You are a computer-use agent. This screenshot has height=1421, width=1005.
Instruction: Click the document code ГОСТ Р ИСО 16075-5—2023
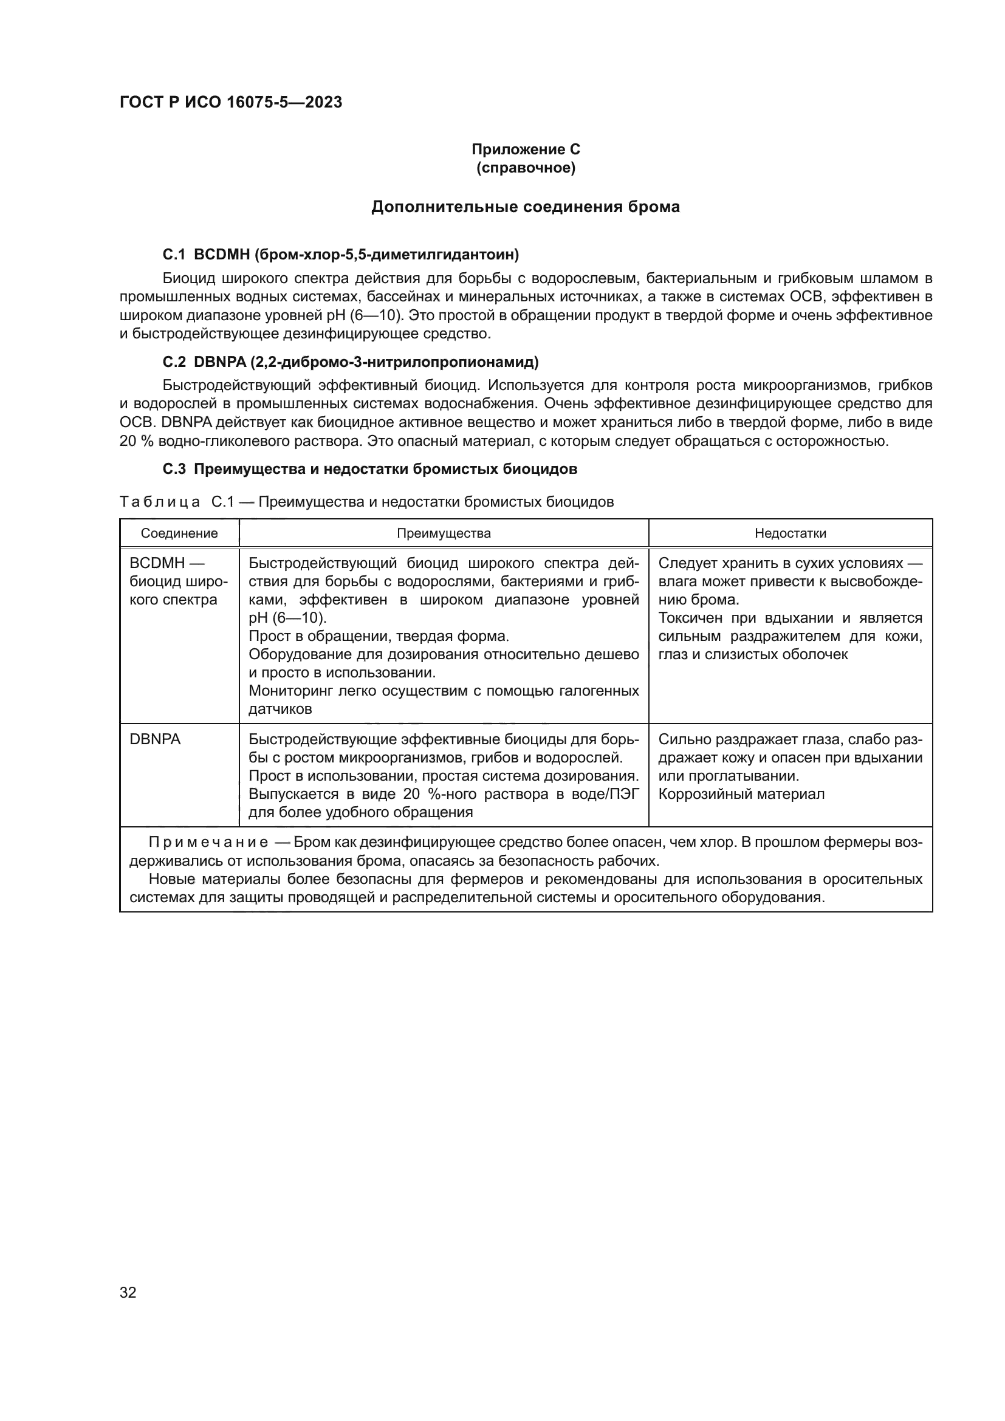[230, 103]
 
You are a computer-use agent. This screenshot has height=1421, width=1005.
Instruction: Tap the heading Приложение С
[526, 149]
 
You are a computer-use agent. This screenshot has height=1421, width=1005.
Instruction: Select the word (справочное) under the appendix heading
[526, 168]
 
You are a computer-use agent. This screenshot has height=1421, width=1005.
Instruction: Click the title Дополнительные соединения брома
[526, 207]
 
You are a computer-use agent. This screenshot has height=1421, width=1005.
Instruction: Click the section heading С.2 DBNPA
[350, 362]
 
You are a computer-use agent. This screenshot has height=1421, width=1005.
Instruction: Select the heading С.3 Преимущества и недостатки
[369, 469]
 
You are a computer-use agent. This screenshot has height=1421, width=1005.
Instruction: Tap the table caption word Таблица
[160, 502]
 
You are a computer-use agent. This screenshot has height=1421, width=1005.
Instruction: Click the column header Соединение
[179, 533]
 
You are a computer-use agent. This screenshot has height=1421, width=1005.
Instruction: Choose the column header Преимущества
[444, 533]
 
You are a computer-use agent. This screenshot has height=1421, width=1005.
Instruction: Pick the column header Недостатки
[791, 533]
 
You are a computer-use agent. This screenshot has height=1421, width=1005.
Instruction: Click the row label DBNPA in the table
[155, 739]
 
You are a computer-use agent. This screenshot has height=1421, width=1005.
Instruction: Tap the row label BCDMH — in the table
[166, 563]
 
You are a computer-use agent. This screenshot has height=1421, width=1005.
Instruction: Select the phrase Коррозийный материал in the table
[741, 794]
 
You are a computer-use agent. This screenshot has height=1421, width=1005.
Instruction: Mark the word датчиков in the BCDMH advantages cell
[280, 709]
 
